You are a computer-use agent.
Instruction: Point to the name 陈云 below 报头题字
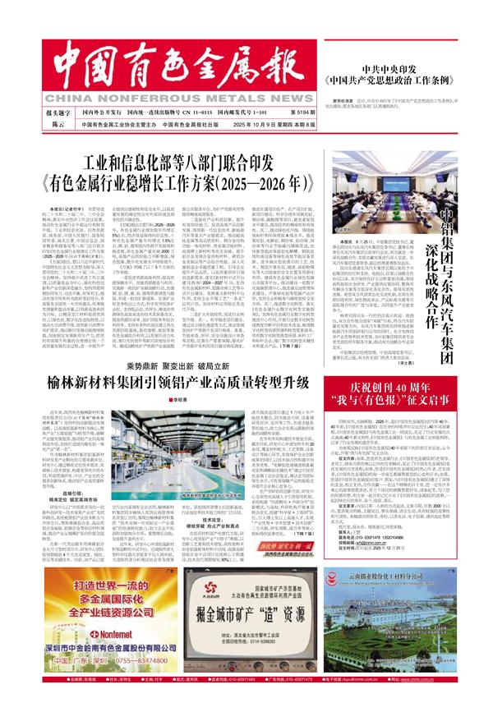(57, 125)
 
